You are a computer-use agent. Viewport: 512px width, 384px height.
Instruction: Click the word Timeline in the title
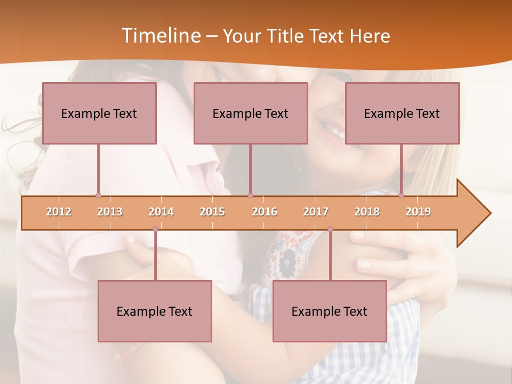point(160,36)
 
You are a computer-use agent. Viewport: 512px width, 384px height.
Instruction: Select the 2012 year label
point(59,212)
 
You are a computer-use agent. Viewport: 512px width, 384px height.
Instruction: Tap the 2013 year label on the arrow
point(110,212)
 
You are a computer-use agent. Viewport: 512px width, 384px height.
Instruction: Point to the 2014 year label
point(161,212)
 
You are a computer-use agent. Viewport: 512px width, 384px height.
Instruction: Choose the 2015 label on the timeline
point(212,212)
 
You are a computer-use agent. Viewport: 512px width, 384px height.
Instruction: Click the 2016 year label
point(265,212)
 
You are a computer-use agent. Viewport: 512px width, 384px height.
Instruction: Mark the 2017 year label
point(316,212)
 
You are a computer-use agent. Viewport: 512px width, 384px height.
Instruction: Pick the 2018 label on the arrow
point(367,212)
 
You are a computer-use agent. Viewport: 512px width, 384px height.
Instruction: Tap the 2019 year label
point(418,212)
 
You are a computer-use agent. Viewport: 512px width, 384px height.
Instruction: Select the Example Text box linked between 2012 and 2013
point(99,113)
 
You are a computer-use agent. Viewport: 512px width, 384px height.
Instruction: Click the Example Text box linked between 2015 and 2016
point(251,113)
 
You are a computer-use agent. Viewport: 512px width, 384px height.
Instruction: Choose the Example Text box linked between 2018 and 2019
point(402,113)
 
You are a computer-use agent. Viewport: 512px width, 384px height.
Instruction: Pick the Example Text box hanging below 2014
point(155,311)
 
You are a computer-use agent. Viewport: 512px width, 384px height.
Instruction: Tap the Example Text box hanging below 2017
point(330,311)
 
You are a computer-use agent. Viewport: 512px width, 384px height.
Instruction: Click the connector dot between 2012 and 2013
point(98,195)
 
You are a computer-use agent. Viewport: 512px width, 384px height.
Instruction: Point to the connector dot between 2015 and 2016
point(250,195)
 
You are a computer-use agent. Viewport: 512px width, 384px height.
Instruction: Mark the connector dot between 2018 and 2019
point(402,195)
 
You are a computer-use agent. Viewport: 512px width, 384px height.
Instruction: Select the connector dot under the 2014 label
point(155,229)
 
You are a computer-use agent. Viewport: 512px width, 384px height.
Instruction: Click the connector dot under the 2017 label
point(330,229)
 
